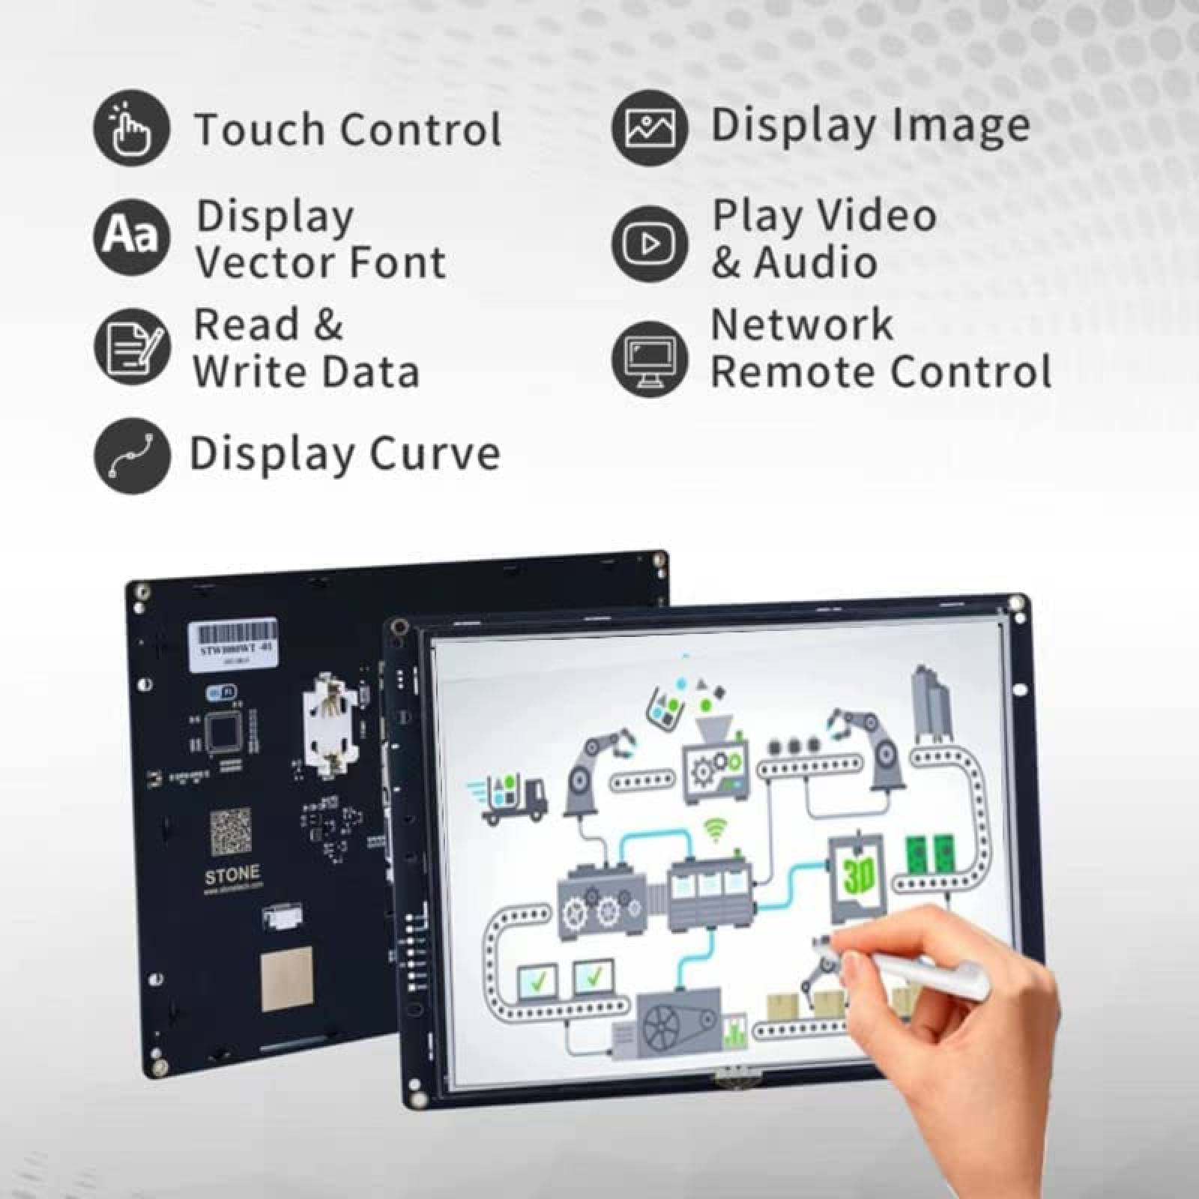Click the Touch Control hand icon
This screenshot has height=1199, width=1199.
(131, 127)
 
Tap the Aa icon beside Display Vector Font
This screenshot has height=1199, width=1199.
(131, 236)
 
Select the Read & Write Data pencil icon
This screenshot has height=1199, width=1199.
(131, 346)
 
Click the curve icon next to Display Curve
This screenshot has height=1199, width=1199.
(131, 455)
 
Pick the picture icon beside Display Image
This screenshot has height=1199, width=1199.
(649, 127)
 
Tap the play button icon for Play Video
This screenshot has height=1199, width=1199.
(649, 244)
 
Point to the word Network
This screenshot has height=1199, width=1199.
(802, 325)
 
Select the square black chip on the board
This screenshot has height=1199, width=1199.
(226, 732)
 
